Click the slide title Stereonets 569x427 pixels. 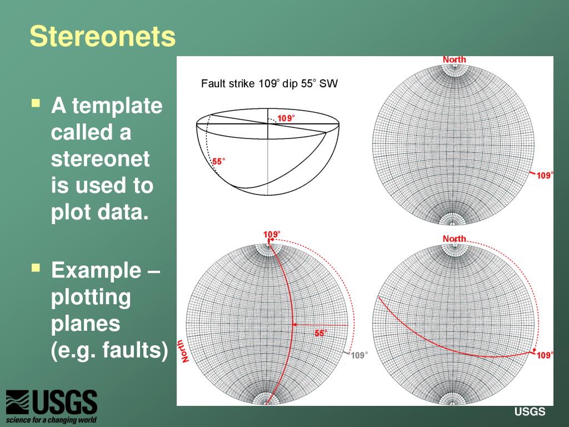pyautogui.click(x=102, y=37)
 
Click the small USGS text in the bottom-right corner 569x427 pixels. pyautogui.click(x=530, y=412)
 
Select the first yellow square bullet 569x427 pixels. pyautogui.click(x=36, y=103)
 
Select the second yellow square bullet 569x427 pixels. pyautogui.click(x=36, y=268)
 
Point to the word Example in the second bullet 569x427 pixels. pyautogui.click(x=96, y=271)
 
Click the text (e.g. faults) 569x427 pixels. pyautogui.click(x=109, y=350)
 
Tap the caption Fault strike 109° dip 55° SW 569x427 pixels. pyautogui.click(x=269, y=84)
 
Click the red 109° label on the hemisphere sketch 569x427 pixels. pyautogui.click(x=286, y=118)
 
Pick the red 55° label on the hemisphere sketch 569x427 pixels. pyautogui.click(x=219, y=162)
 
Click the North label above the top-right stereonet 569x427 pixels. pyautogui.click(x=454, y=59)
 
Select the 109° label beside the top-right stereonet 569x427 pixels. pyautogui.click(x=545, y=176)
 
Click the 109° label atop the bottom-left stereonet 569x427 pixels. pyautogui.click(x=272, y=234)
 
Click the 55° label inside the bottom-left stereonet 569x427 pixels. pyautogui.click(x=321, y=333)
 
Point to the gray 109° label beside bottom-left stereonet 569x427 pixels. pyautogui.click(x=359, y=355)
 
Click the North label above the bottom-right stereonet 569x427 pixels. pyautogui.click(x=454, y=239)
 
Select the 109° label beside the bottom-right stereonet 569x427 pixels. pyautogui.click(x=545, y=355)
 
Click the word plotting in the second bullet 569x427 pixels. pyautogui.click(x=91, y=297)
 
